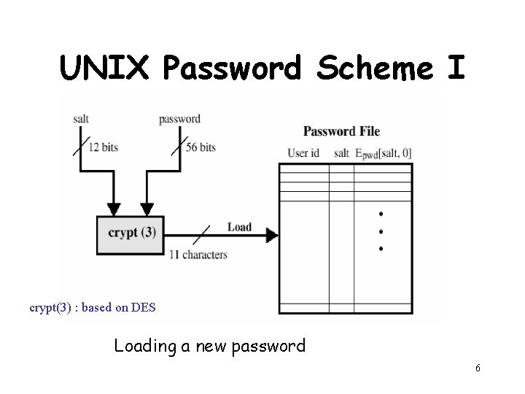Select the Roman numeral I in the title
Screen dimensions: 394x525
[x=455, y=69]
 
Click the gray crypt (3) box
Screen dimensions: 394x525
[x=131, y=233]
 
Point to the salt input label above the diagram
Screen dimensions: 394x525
[x=81, y=118]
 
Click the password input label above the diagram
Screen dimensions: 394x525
[x=179, y=118]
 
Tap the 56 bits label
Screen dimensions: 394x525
[x=201, y=147]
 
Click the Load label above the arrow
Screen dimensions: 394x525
[x=239, y=227]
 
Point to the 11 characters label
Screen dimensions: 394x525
[x=198, y=255]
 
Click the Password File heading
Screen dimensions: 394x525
[x=341, y=131]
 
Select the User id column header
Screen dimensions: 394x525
[x=303, y=152]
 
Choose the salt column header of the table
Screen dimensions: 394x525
[x=341, y=152]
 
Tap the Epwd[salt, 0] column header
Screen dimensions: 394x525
[x=384, y=153]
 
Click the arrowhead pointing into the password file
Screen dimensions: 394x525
[x=271, y=235]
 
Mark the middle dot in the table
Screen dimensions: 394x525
[x=381, y=231]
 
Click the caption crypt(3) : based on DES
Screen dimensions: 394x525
[x=93, y=307]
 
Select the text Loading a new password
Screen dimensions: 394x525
[x=210, y=346]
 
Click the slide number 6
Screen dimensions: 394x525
[x=478, y=368]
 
